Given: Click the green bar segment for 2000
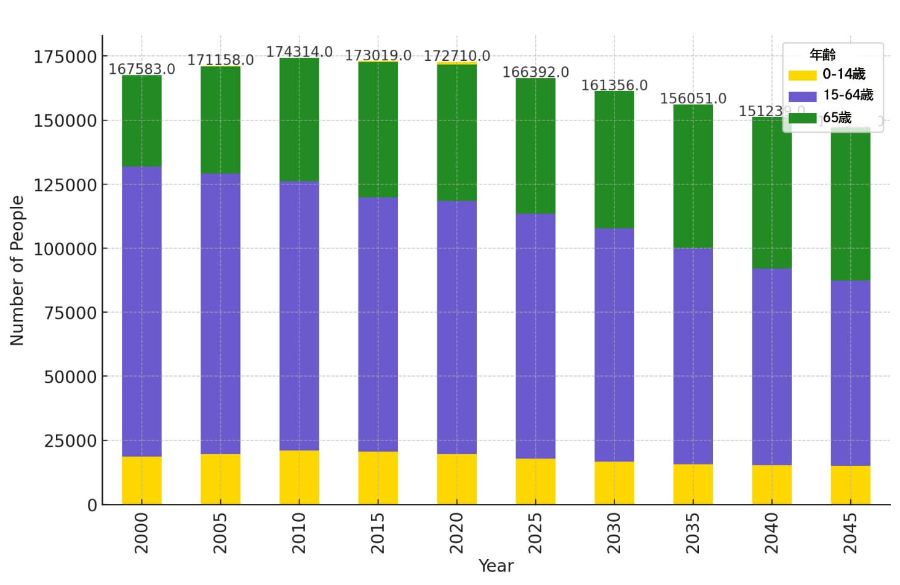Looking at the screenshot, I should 141,121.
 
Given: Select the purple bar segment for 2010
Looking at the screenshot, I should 299,316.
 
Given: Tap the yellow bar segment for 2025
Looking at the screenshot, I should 535,481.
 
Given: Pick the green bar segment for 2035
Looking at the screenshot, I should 693,176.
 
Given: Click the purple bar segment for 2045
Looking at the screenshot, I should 850,373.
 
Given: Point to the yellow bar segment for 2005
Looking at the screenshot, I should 220,479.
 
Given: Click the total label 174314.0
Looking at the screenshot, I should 299,52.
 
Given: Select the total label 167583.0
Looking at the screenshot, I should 141,69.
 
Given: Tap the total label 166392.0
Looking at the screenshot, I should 535,72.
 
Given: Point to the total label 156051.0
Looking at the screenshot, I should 693,98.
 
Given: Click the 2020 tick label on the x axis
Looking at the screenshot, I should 456,533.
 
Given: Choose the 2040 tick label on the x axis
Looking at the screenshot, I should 771,533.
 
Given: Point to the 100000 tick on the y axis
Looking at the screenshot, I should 65,249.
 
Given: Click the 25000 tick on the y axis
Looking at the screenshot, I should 70,441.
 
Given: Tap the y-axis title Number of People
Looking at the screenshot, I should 17,270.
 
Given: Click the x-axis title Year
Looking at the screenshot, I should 496,566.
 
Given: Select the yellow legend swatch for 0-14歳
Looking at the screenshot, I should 802,75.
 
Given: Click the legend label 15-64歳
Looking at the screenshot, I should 848,95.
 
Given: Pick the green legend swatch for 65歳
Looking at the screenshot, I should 802,117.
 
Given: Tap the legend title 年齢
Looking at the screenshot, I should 822,55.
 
